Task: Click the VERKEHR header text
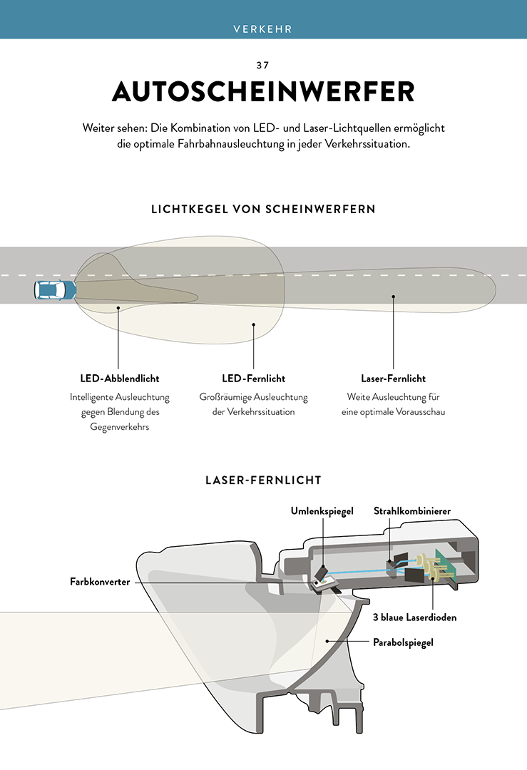pos(262,29)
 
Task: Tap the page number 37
pos(262,66)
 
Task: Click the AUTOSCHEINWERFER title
pos(263,91)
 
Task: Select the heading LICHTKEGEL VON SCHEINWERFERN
pos(263,209)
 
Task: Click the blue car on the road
pos(55,289)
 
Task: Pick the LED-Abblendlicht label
pos(120,379)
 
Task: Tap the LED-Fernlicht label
pos(253,379)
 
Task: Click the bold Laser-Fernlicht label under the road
pos(394,379)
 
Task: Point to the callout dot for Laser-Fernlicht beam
pos(394,297)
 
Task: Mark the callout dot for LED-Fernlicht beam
pos(253,324)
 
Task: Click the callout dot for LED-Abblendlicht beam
pos(118,308)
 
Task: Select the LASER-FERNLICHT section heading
pos(263,481)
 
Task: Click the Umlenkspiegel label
pos(322,511)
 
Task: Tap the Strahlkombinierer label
pos(412,511)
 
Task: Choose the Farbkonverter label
pos(100,582)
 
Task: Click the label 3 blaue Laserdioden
pos(414,617)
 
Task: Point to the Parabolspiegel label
pos(403,642)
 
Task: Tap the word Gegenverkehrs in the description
pos(119,427)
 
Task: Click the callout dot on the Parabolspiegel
pos(327,641)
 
